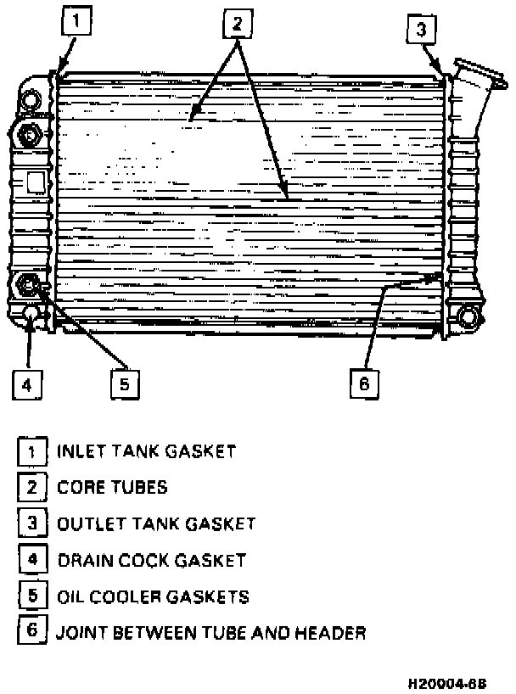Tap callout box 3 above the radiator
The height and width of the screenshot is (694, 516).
[421, 31]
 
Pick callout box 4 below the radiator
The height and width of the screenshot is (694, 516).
[27, 384]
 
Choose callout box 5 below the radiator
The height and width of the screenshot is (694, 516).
[124, 384]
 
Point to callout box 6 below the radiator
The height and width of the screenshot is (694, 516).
[363, 383]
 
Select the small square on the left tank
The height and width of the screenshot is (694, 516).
[36, 182]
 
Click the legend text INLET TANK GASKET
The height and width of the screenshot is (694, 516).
[145, 451]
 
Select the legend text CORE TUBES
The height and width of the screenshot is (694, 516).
[112, 487]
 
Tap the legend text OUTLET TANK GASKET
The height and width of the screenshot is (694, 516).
[155, 523]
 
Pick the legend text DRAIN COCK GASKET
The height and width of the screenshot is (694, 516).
[151, 560]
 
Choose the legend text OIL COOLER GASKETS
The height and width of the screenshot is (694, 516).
[153, 596]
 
